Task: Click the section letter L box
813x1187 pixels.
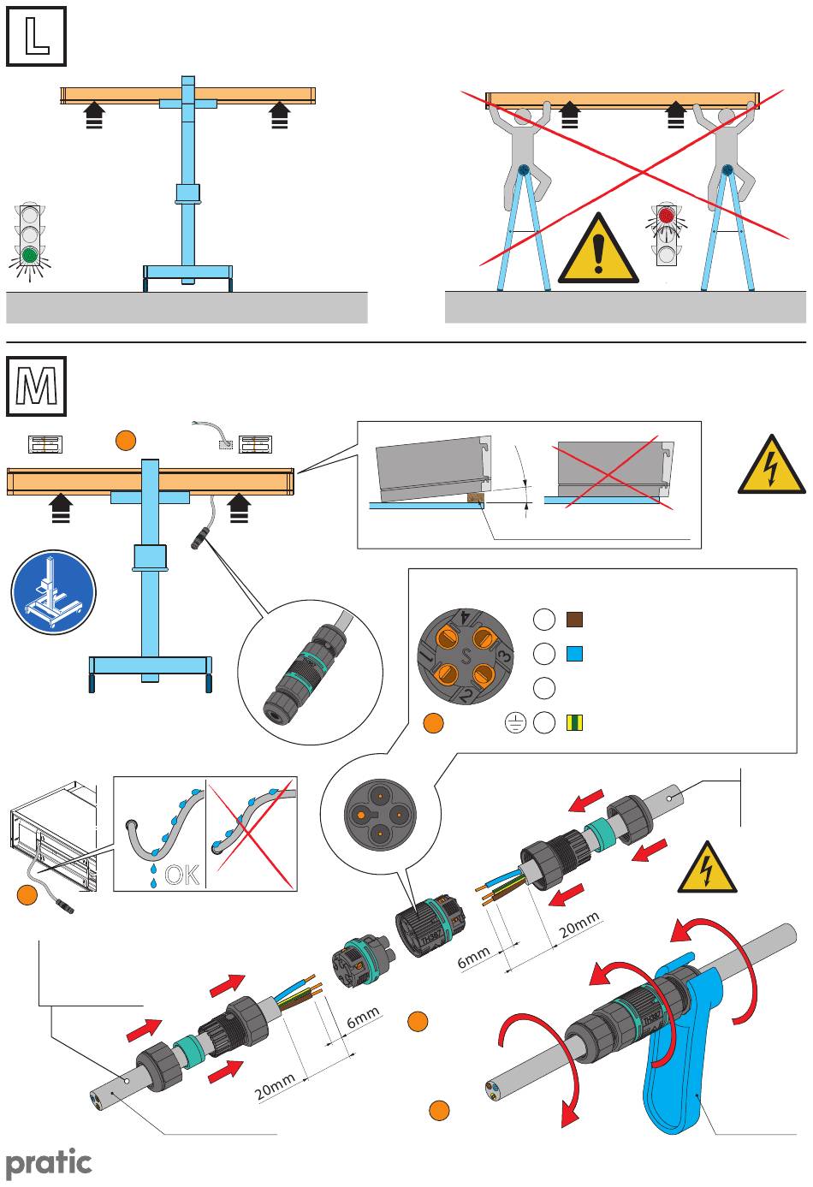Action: coord(37,37)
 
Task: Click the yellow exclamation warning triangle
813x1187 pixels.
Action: coord(598,251)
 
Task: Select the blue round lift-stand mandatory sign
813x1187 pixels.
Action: coord(53,593)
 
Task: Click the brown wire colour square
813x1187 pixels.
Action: coord(574,619)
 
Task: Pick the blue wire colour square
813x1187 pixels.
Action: coord(574,654)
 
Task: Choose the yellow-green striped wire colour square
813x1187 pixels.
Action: coord(574,723)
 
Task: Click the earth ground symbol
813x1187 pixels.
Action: coord(513,724)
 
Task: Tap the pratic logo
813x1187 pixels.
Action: coord(49,1162)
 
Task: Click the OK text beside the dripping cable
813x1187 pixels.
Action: coord(182,874)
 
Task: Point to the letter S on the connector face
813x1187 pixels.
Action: coord(466,657)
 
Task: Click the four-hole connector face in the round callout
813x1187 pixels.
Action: coord(377,814)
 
